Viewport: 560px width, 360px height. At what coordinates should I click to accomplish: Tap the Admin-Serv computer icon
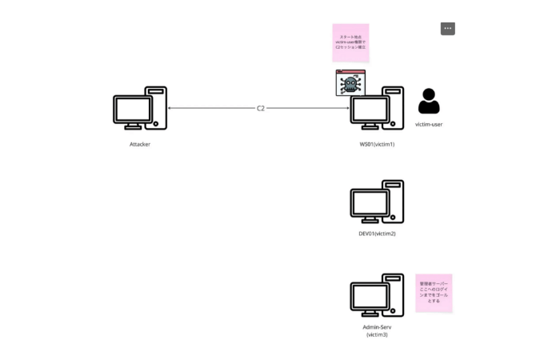(377, 295)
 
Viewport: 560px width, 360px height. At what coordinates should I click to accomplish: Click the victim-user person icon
(429, 102)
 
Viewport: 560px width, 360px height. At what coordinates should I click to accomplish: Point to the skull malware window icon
(350, 83)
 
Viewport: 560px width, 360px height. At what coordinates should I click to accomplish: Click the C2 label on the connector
(261, 108)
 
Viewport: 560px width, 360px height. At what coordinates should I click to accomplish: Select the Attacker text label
(140, 144)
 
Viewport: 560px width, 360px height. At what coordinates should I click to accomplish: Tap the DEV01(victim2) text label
(377, 234)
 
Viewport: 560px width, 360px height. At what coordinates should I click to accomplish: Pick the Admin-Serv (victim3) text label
(377, 330)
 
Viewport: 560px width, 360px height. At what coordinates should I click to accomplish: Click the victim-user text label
(429, 125)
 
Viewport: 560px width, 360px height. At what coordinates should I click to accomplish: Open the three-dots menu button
(447, 29)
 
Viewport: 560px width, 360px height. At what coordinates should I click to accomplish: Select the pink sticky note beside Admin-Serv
(434, 293)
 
